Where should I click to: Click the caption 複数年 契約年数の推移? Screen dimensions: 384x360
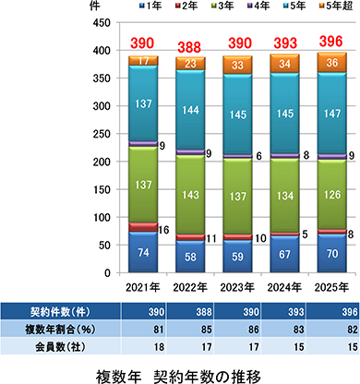pos(179,375)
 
